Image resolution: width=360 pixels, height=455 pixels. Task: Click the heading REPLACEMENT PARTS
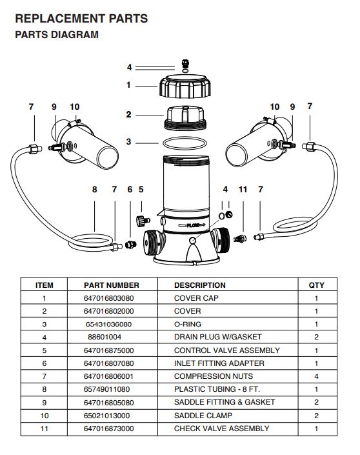pyautogui.click(x=81, y=18)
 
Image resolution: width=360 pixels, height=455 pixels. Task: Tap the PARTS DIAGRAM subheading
pyautogui.click(x=57, y=35)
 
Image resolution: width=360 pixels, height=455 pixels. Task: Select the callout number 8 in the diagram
pyautogui.click(x=94, y=189)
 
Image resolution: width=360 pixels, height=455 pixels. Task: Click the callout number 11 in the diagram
pyautogui.click(x=243, y=189)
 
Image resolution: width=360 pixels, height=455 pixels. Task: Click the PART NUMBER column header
pyautogui.click(x=112, y=285)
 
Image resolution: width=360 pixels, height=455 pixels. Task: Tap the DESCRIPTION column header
pyautogui.click(x=200, y=285)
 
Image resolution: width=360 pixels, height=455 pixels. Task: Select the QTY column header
pyautogui.click(x=316, y=285)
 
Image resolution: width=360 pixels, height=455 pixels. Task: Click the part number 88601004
pyautogui.click(x=105, y=337)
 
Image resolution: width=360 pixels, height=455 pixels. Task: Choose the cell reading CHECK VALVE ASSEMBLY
pyautogui.click(x=221, y=428)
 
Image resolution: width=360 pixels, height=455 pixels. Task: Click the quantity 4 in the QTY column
pyautogui.click(x=316, y=376)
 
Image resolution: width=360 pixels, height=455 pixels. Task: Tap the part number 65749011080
pyautogui.click(x=107, y=389)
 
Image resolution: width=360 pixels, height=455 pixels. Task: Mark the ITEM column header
pyautogui.click(x=45, y=285)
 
